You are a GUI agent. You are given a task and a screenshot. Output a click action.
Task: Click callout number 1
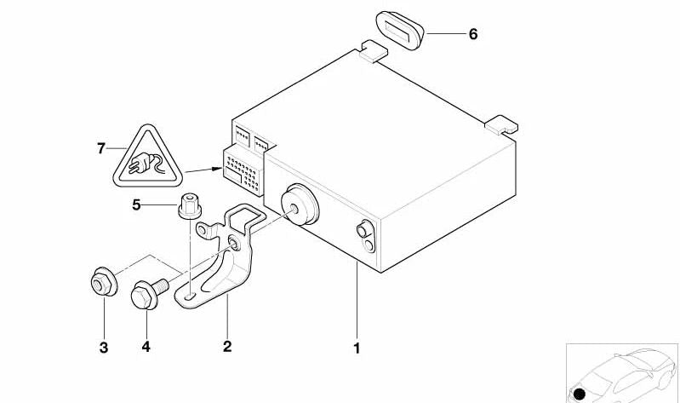tap(357, 348)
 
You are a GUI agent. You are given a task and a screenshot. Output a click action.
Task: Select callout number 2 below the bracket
tap(227, 347)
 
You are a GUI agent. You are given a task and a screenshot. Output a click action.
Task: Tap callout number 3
tap(104, 348)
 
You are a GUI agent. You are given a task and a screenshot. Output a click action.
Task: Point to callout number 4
tap(146, 347)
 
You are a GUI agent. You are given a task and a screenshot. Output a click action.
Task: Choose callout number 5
tap(137, 204)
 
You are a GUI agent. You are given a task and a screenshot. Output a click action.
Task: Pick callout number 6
tap(473, 34)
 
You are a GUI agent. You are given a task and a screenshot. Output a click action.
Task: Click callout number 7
tap(101, 148)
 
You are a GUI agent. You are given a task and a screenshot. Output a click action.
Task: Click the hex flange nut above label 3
tap(104, 282)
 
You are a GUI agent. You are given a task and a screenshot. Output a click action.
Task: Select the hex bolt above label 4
tap(149, 293)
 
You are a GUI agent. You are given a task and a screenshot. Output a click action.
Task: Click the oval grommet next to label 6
tap(399, 31)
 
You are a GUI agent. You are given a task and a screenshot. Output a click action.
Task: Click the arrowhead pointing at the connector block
tap(217, 169)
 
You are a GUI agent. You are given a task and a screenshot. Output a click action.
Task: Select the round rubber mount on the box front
tap(300, 204)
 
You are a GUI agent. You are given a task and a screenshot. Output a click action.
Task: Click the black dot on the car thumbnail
tap(580, 394)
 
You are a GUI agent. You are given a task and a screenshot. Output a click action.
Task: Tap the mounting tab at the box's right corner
tap(501, 124)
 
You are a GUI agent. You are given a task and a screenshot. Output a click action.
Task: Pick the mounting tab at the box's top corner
tap(374, 51)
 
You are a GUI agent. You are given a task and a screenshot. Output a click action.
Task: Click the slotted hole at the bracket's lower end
tap(190, 296)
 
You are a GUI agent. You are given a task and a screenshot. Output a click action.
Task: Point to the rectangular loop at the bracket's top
tap(245, 218)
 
